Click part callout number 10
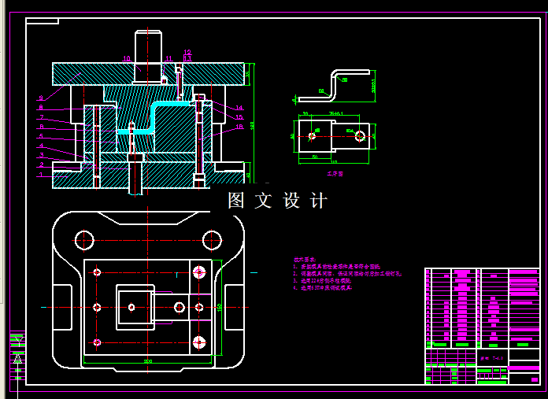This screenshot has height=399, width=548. pyautogui.click(x=127, y=58)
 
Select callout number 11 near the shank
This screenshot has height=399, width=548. pyautogui.click(x=168, y=58)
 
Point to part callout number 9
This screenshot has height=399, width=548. pyautogui.click(x=40, y=98)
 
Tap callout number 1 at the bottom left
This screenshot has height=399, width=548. pyautogui.click(x=40, y=175)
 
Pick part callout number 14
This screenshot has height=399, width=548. pyautogui.click(x=239, y=108)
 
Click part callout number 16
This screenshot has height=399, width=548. pyautogui.click(x=239, y=126)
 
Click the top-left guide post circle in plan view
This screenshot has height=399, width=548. pyautogui.click(x=84, y=239)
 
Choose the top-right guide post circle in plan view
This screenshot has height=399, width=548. pyautogui.click(x=212, y=239)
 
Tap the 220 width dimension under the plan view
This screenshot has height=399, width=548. pyautogui.click(x=147, y=361)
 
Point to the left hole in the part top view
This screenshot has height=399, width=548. pyautogui.click(x=313, y=136)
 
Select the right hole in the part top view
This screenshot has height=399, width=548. pyautogui.click(x=360, y=136)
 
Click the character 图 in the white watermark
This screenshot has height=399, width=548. pyautogui.click(x=236, y=201)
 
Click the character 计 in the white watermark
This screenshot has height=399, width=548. pyautogui.click(x=319, y=201)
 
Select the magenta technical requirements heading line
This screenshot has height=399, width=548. pyautogui.click(x=304, y=258)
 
